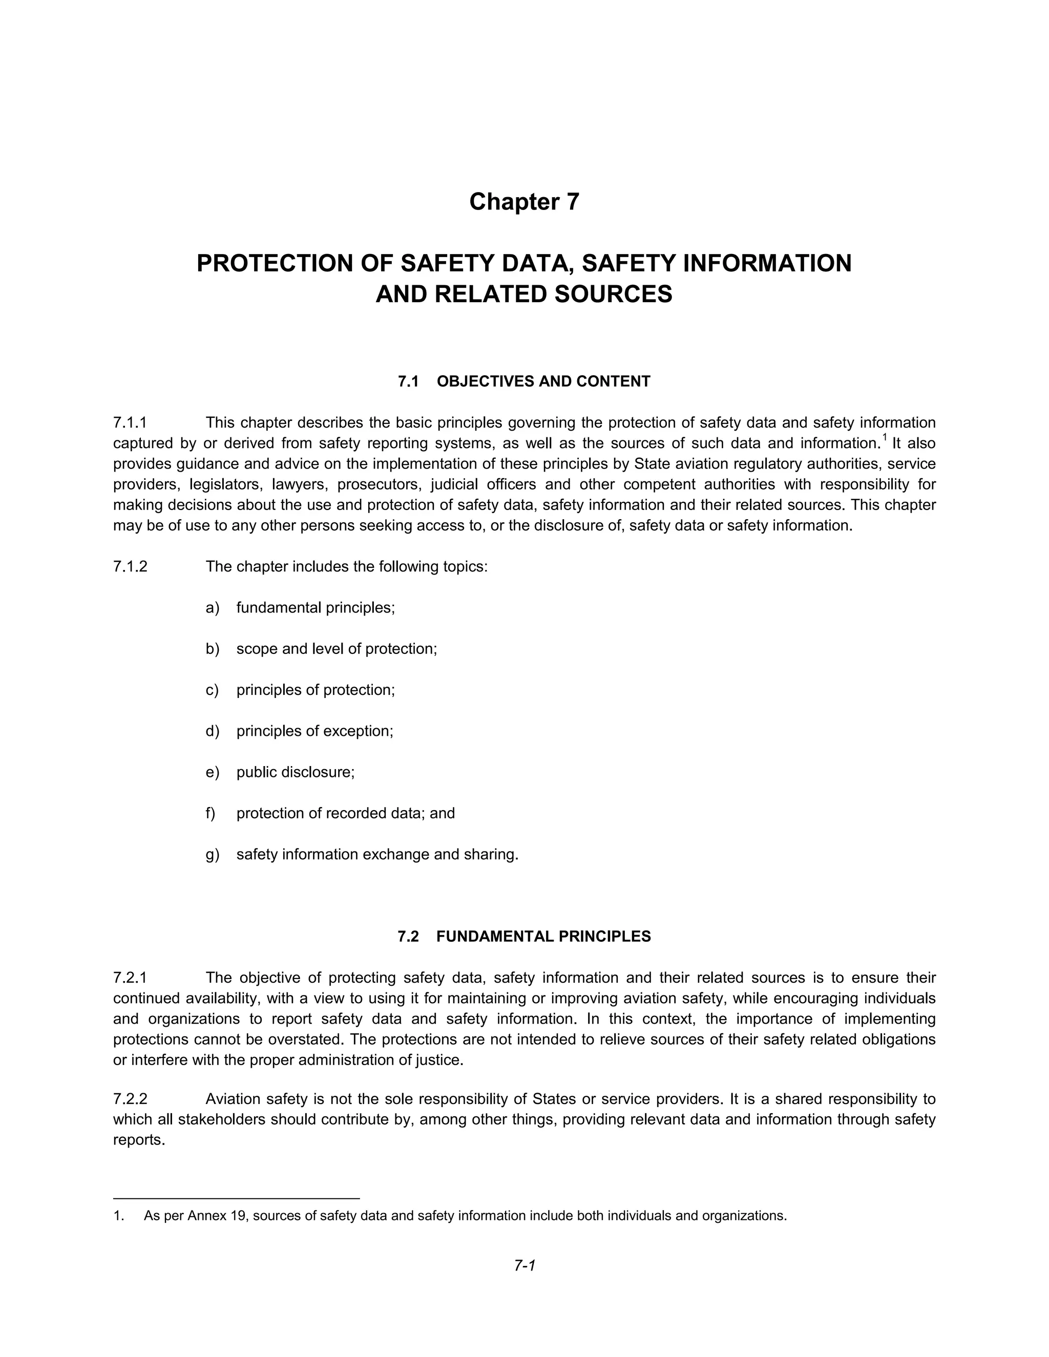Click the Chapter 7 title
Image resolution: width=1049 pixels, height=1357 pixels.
(x=524, y=202)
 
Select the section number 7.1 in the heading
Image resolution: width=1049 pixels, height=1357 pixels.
(x=408, y=381)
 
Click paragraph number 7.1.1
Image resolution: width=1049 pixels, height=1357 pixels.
(x=130, y=423)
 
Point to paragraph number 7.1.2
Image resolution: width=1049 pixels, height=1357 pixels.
(x=130, y=567)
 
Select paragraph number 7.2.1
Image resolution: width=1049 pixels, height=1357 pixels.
(x=130, y=978)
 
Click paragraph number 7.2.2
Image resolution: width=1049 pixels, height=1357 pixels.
(x=130, y=1099)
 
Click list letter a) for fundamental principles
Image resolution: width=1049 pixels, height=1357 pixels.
(x=212, y=608)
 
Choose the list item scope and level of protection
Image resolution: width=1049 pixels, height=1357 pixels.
(x=336, y=649)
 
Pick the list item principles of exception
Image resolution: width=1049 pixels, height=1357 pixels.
(x=314, y=731)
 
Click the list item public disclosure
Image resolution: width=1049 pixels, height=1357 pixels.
(x=295, y=772)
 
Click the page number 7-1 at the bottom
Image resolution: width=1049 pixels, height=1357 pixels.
(x=524, y=1265)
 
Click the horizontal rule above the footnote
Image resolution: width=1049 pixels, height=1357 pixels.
(x=236, y=1197)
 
